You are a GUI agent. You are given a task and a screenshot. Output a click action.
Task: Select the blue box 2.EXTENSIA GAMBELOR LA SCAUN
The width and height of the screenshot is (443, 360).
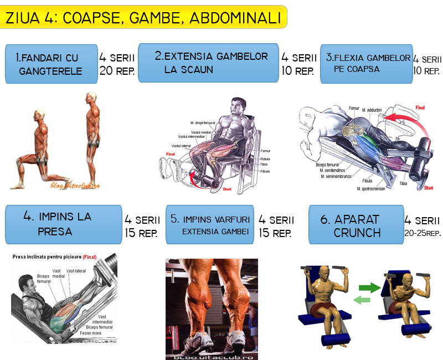208,63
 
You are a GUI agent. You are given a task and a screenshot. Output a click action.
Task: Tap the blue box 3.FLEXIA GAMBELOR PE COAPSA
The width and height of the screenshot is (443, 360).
366,63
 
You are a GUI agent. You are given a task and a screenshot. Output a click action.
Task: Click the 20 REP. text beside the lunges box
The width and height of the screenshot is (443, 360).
117,71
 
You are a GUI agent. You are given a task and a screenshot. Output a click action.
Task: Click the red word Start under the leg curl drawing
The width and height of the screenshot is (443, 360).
428,188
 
